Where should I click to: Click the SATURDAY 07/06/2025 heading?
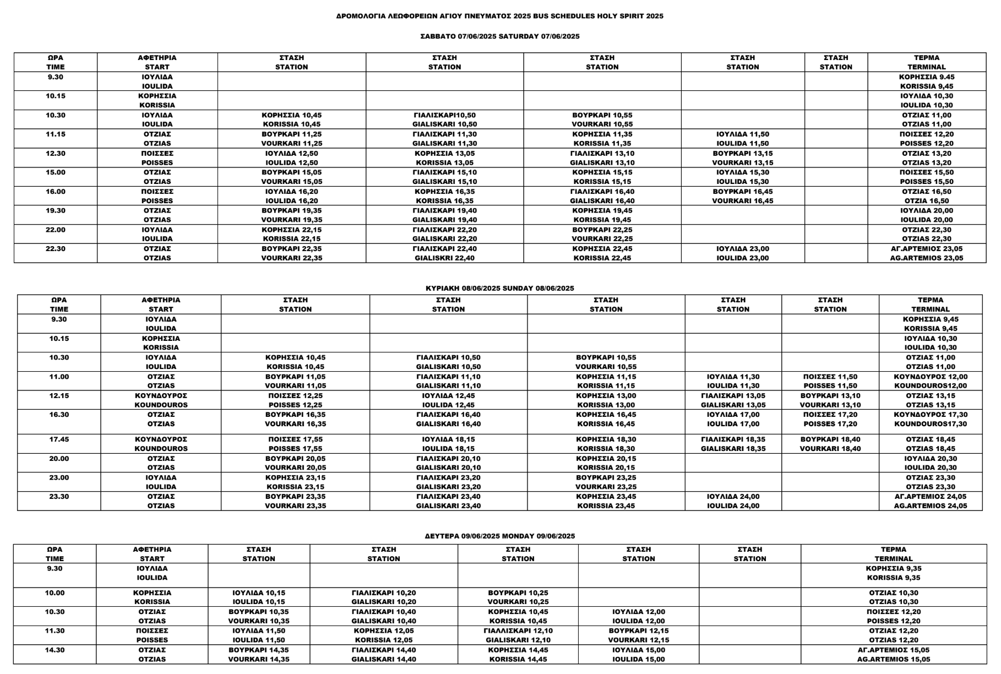(x=499, y=36)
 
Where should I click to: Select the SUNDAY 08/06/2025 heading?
(x=499, y=288)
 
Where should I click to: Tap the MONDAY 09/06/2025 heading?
(x=499, y=536)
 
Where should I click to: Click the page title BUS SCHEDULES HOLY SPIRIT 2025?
(x=499, y=16)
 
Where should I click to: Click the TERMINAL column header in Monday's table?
(x=894, y=554)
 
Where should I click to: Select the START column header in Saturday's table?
(x=157, y=62)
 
